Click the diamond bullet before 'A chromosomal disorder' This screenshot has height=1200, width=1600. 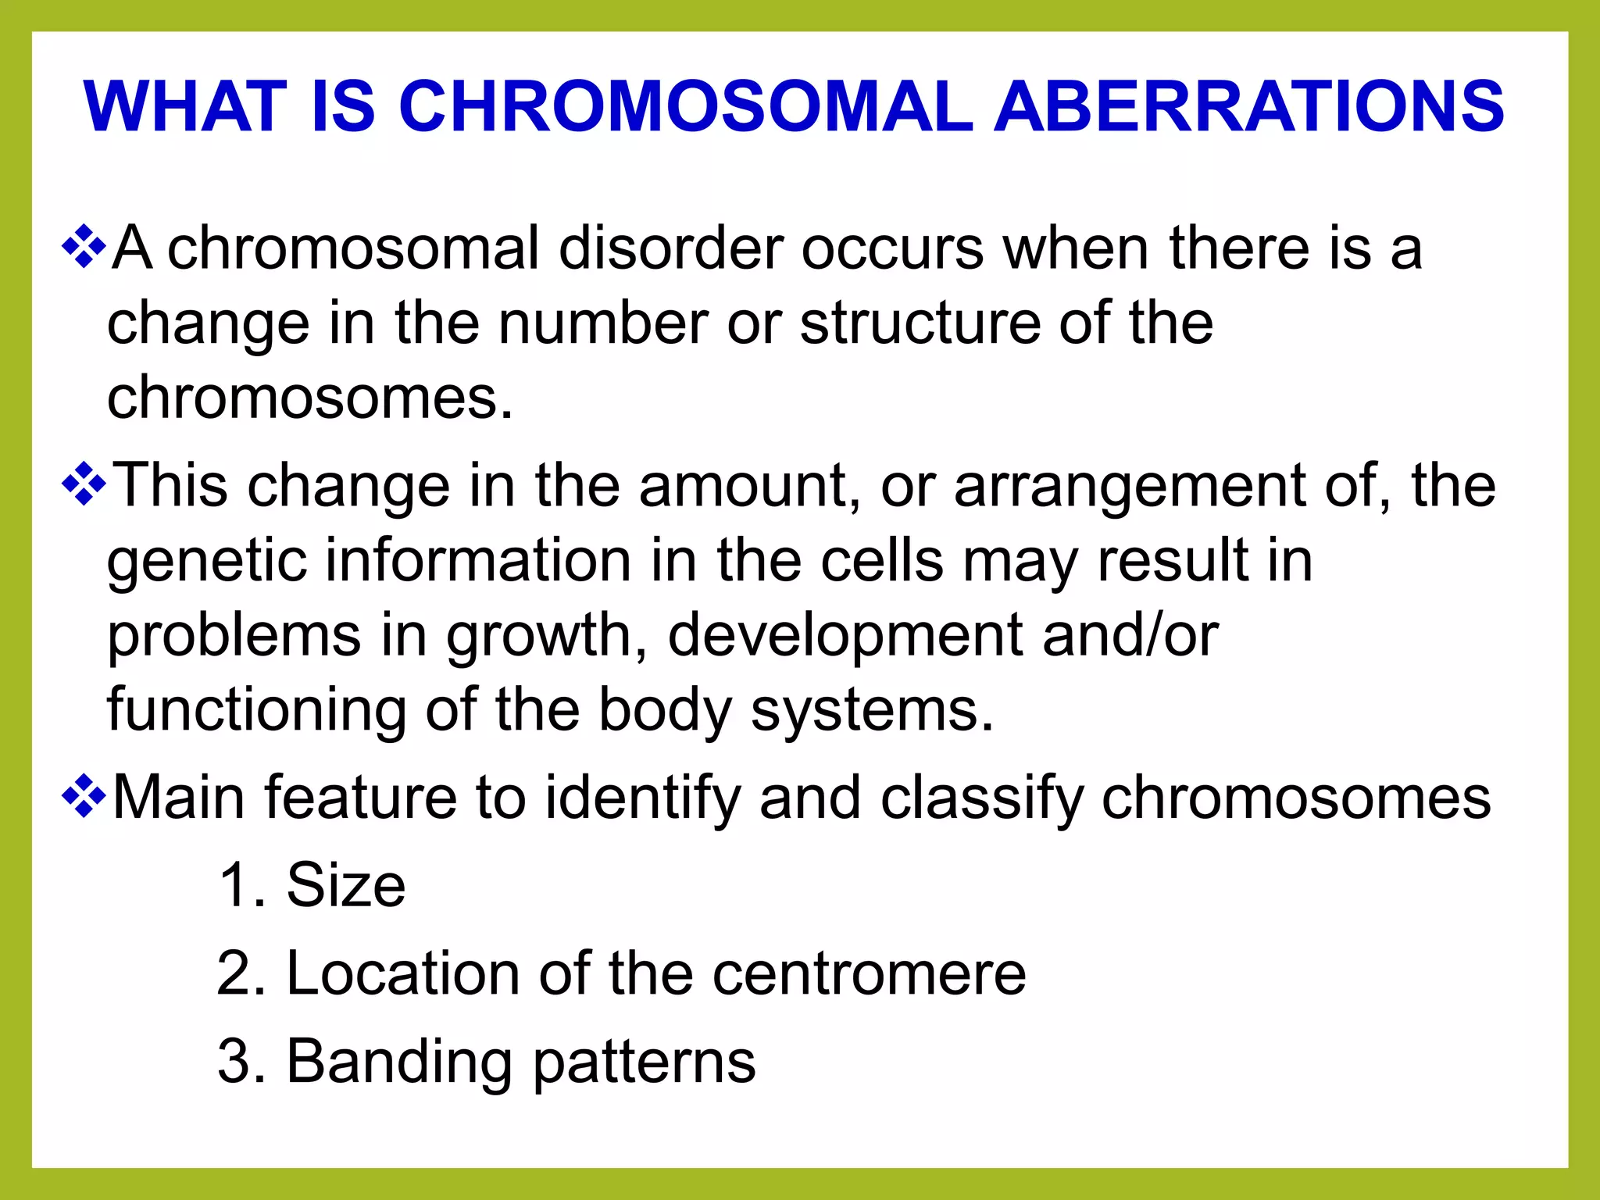pyautogui.click(x=84, y=248)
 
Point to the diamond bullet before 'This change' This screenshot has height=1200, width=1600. pyautogui.click(x=84, y=486)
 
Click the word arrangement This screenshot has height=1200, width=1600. pyautogui.click(x=1129, y=486)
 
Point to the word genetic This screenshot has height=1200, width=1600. pyautogui.click(x=206, y=561)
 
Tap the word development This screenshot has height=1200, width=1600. pyautogui.click(x=845, y=636)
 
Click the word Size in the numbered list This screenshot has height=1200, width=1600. pyautogui.click(x=346, y=885)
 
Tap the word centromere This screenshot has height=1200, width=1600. pyautogui.click(x=869, y=973)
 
